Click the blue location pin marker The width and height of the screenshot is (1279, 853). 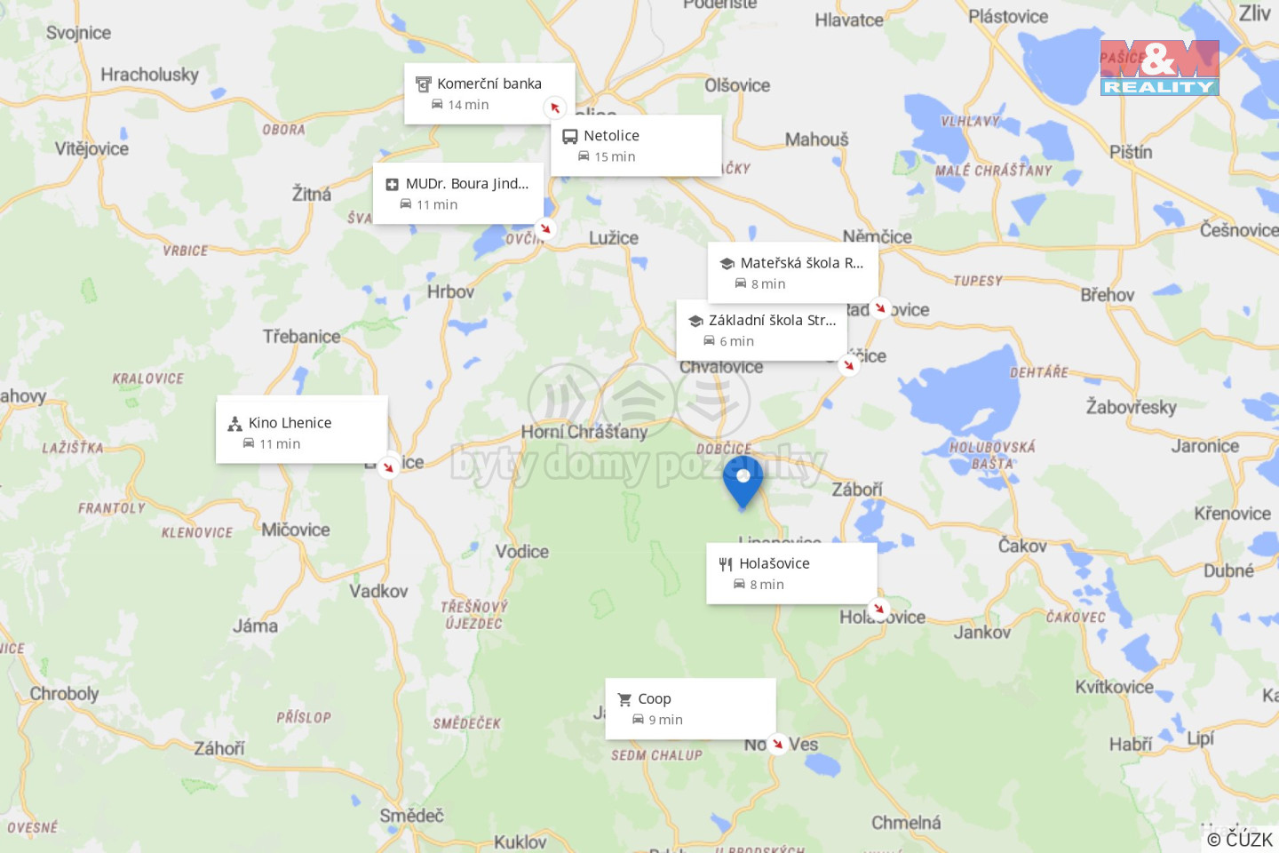pyautogui.click(x=743, y=480)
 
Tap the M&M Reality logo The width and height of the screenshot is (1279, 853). pyautogui.click(x=1159, y=68)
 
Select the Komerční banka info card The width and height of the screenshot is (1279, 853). pyautogui.click(x=489, y=93)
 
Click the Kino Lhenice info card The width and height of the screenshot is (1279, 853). pyautogui.click(x=301, y=432)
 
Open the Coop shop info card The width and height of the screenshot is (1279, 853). pyautogui.click(x=690, y=708)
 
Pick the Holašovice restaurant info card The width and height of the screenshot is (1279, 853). pyautogui.click(x=790, y=573)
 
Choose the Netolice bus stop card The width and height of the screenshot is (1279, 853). pyautogui.click(x=635, y=145)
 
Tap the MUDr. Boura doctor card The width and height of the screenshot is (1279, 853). pyautogui.click(x=457, y=193)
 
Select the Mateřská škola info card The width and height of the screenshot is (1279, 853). pyautogui.click(x=792, y=272)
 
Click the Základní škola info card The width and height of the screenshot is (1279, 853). pyautogui.click(x=761, y=330)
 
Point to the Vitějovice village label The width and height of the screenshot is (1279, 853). pyautogui.click(x=91, y=148)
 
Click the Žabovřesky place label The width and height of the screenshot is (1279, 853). pyautogui.click(x=1131, y=407)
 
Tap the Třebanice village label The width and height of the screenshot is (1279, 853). pyautogui.click(x=301, y=337)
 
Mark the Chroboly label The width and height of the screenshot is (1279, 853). pyautogui.click(x=64, y=693)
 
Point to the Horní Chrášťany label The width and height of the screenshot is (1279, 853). pyautogui.click(x=584, y=432)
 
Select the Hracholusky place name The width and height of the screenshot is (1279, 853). pyautogui.click(x=149, y=75)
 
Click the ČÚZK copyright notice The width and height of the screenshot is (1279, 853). pyautogui.click(x=1239, y=840)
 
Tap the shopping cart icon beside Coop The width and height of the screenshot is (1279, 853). pyautogui.click(x=624, y=700)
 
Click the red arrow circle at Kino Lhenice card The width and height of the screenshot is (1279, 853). pyautogui.click(x=388, y=466)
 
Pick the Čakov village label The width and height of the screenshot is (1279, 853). pyautogui.click(x=1022, y=546)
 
